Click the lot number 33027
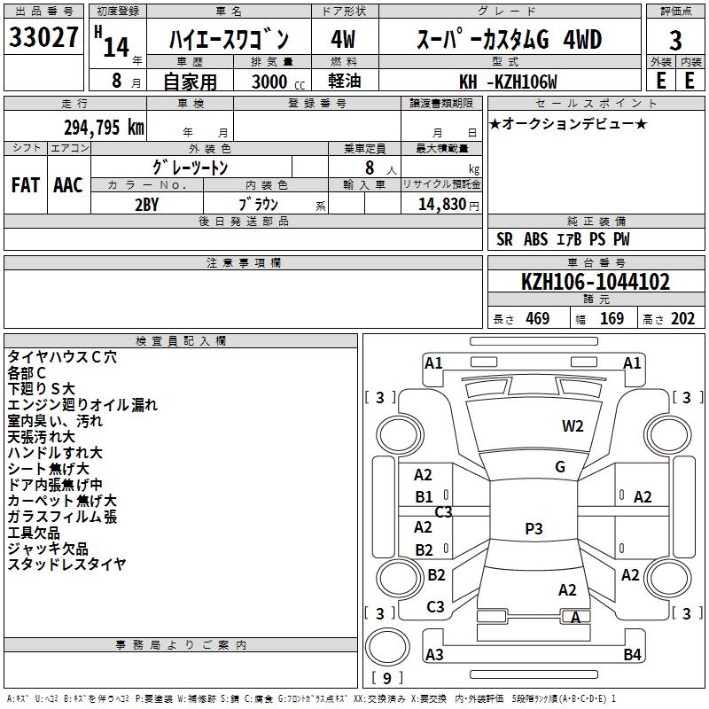[x=44, y=39]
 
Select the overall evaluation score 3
[x=675, y=40]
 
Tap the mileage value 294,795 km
[x=104, y=127]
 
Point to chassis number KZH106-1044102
[x=596, y=283]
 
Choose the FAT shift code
[x=25, y=185]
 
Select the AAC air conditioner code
[x=67, y=185]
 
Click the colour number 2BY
[x=146, y=205]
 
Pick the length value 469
[x=537, y=319]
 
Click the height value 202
[x=682, y=319]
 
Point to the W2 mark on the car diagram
[x=573, y=426]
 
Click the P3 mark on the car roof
[x=533, y=529]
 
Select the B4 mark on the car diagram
[x=632, y=655]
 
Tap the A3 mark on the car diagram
[x=434, y=655]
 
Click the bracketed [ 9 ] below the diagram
[x=386, y=679]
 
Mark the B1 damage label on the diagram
[x=425, y=497]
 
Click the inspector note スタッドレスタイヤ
[x=66, y=564]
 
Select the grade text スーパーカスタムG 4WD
[x=509, y=40]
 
